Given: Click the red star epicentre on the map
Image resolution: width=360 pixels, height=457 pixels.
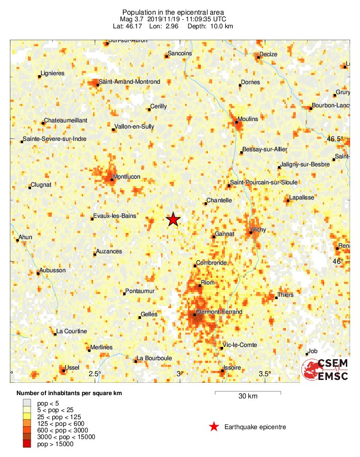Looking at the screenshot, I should (x=173, y=219).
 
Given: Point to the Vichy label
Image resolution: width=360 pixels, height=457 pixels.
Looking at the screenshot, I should (x=259, y=230).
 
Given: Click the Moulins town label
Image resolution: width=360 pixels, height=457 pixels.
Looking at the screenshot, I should (x=248, y=119).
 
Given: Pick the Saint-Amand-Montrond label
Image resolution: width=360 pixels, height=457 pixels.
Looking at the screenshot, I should (x=129, y=82).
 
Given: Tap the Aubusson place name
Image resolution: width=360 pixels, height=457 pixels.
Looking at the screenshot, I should (x=53, y=270).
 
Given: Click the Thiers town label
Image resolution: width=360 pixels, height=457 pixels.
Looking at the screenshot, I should (x=285, y=295).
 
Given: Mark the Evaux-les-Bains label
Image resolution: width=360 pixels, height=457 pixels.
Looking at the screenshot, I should (x=115, y=216).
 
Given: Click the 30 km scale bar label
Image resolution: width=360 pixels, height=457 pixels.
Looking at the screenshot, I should (x=248, y=397).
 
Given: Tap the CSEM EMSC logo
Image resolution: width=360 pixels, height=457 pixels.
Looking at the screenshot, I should (x=326, y=370).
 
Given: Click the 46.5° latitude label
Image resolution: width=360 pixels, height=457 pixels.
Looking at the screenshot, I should (x=336, y=139).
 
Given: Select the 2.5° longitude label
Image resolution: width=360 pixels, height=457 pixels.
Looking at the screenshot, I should (x=95, y=374).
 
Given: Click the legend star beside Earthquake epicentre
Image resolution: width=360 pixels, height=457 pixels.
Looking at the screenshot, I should (x=214, y=427).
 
